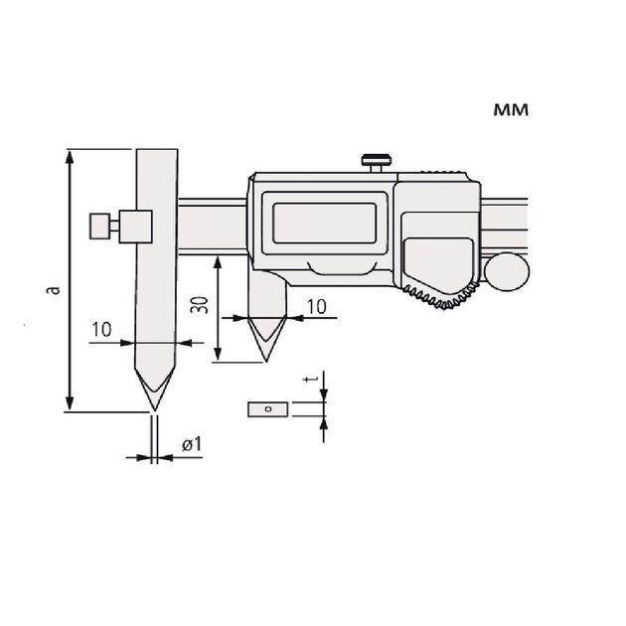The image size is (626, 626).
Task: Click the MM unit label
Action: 511,109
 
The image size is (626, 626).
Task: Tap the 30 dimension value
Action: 200,305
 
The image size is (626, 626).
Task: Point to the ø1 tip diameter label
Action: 192,444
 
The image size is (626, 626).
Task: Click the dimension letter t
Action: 308,379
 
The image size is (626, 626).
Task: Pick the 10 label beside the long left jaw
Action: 101,329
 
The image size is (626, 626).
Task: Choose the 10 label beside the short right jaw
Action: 317,307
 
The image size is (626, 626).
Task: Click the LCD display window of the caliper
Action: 324,224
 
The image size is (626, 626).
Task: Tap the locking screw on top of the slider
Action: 376,163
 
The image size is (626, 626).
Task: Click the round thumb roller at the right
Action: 507,271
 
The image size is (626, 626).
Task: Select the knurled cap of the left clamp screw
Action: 99,227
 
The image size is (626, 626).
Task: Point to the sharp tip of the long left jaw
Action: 154,410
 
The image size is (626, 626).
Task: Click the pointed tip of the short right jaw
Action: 266,362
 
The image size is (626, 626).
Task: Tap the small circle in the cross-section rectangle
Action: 268,409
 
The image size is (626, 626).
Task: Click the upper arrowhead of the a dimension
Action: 70,157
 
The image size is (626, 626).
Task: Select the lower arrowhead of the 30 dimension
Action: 218,354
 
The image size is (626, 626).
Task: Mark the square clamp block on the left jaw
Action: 136,227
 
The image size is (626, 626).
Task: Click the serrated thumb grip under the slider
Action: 440,295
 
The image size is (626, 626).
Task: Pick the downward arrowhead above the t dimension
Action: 323,394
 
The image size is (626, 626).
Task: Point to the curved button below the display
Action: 343,268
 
